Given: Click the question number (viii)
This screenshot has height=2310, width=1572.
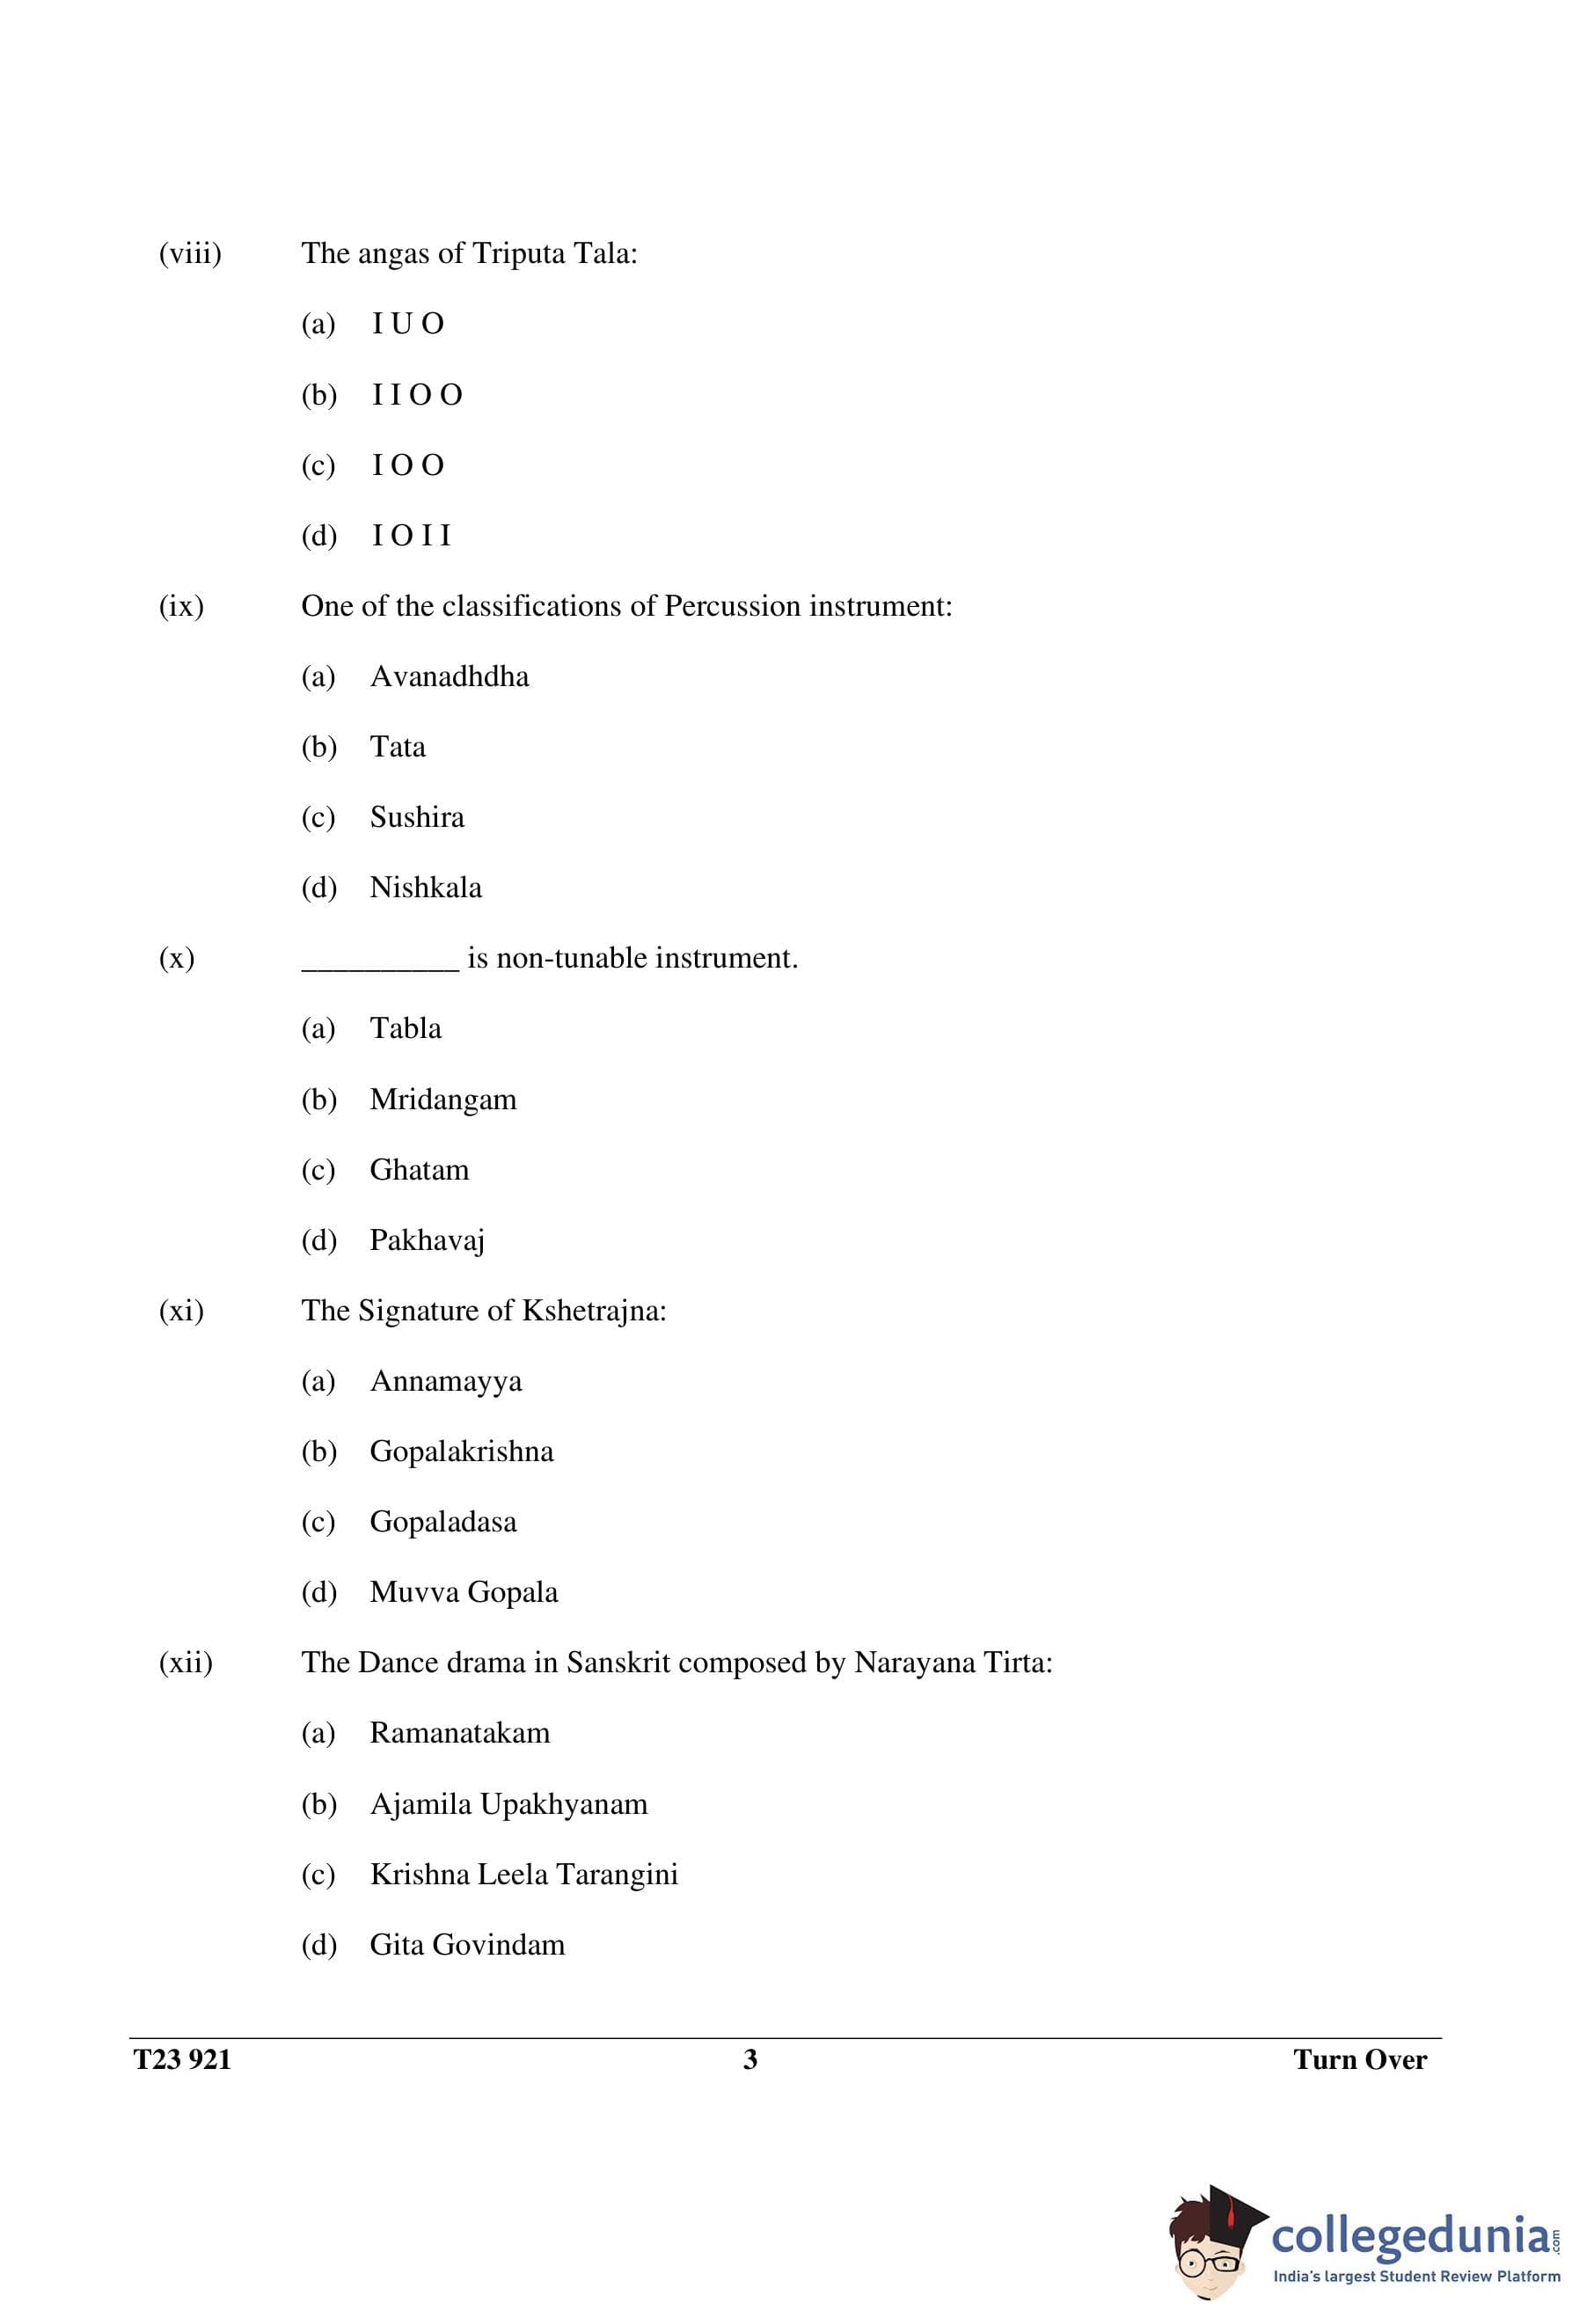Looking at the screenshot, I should (x=190, y=254).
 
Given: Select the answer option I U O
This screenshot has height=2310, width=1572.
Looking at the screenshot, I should (x=407, y=324).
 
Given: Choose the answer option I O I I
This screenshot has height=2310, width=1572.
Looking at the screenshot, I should (x=411, y=536).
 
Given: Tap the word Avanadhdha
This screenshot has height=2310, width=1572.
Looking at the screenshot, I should (x=450, y=676).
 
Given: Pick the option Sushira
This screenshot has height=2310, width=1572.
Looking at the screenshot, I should (x=417, y=817).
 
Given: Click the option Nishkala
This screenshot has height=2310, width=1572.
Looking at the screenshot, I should (x=426, y=888).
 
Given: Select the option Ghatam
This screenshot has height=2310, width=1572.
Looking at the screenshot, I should (x=419, y=1170).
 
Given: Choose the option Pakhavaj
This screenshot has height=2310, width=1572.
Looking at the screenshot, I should (x=427, y=1240).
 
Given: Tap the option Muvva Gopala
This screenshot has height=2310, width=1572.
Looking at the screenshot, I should (x=464, y=1592).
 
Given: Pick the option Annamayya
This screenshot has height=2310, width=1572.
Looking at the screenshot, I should (x=445, y=1382).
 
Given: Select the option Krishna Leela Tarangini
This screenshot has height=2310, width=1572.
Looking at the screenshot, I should (x=523, y=1875).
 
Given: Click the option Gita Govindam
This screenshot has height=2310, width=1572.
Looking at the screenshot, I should (x=467, y=1945).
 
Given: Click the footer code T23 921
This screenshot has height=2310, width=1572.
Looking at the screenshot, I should (x=182, y=2059).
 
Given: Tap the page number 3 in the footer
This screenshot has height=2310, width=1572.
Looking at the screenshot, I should (x=750, y=2059).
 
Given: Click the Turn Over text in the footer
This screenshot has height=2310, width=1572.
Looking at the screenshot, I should (x=1359, y=2059).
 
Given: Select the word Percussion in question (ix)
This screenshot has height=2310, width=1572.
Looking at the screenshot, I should (x=732, y=606).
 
